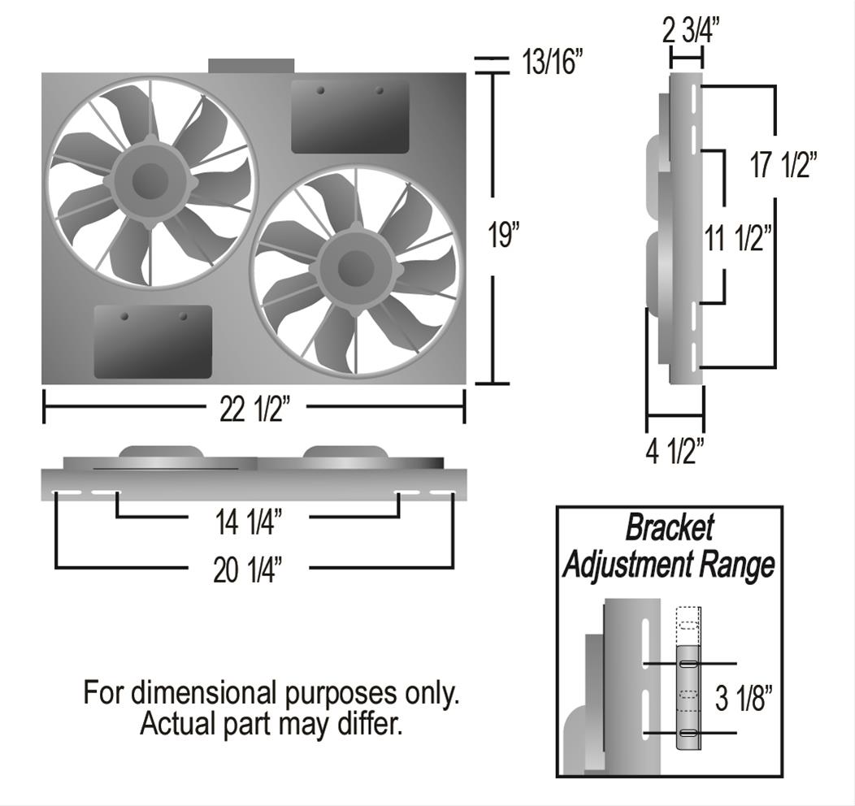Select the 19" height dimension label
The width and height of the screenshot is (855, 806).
503,236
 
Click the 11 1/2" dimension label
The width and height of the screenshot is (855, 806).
737,239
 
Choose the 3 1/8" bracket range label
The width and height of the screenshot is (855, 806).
743,698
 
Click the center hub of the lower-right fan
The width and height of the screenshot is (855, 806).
355,270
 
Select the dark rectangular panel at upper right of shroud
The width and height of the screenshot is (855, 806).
349,117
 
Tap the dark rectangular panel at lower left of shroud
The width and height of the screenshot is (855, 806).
153,342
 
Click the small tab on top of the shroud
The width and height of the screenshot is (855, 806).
250,65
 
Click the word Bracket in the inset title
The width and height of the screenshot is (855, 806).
669,529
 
